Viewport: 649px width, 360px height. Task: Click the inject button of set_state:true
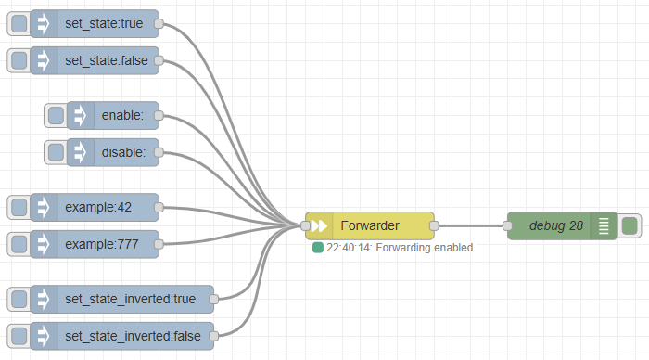[19, 23]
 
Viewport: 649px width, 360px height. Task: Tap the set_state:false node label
[107, 60]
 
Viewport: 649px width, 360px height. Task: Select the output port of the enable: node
[159, 116]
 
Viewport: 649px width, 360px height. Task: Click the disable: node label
[123, 152]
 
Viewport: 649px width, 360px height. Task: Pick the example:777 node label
[102, 244]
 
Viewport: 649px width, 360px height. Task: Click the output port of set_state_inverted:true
[213, 299]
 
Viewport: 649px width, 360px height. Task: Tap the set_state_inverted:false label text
[133, 336]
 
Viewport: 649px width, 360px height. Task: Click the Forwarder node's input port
[305, 225]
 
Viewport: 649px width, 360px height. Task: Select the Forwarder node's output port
[434, 225]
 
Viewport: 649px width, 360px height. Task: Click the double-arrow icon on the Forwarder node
[319, 225]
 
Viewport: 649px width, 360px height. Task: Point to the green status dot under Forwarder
[317, 248]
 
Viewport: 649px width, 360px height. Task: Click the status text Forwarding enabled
[425, 248]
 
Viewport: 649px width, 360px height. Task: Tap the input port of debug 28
[507, 225]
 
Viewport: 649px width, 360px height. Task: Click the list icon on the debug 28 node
[604, 225]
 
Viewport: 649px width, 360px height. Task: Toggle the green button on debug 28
[630, 225]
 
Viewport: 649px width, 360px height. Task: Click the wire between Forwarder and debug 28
[471, 225]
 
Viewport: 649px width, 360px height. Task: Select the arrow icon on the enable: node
[80, 116]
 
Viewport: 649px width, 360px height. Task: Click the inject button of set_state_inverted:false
[19, 336]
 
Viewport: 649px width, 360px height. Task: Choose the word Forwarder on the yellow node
[370, 225]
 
